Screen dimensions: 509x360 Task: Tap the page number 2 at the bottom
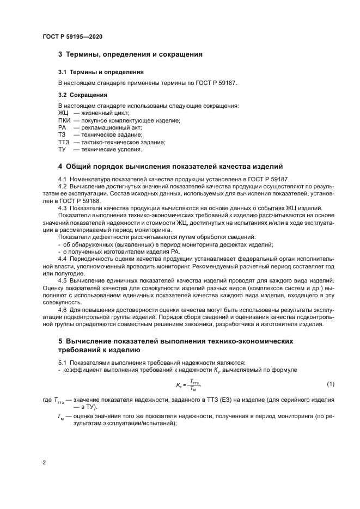pyautogui.click(x=44, y=463)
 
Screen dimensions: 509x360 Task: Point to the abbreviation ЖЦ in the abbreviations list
pyautogui.click(x=63, y=113)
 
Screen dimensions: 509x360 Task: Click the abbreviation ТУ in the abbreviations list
pyautogui.click(x=62, y=149)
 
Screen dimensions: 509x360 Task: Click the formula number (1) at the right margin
pyautogui.click(x=330, y=384)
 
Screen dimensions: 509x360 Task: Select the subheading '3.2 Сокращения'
pyautogui.click(x=83, y=95)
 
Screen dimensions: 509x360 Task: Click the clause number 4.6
pyautogui.click(x=63, y=310)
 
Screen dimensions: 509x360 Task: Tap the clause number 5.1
pyautogui.click(x=63, y=362)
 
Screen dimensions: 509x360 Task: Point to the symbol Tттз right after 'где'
pyautogui.click(x=59, y=400)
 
